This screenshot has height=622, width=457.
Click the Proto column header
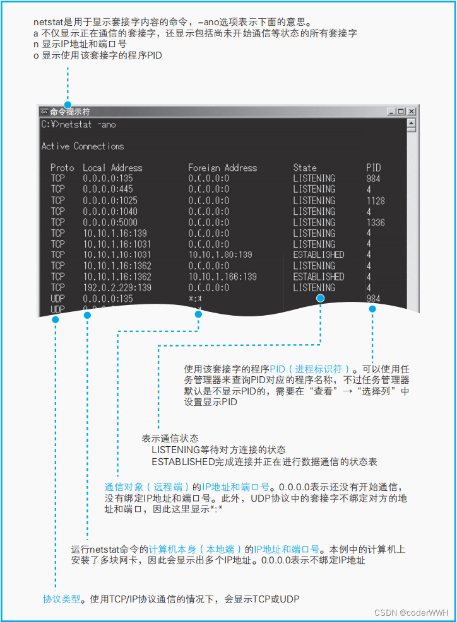(x=62, y=168)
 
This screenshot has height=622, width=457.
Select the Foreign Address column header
(x=222, y=168)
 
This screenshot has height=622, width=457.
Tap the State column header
(x=305, y=168)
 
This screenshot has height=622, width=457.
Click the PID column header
(x=374, y=168)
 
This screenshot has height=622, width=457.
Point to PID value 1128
(x=375, y=200)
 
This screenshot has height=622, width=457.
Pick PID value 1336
(x=375, y=222)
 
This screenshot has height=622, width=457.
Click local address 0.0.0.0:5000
(x=110, y=222)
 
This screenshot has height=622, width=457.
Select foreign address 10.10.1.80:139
(x=220, y=255)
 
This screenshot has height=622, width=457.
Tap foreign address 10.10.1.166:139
(x=222, y=277)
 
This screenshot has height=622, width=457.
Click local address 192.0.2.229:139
(x=117, y=287)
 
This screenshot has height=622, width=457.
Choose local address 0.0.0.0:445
(x=107, y=189)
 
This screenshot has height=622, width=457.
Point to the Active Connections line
(x=83, y=146)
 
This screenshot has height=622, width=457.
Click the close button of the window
(x=412, y=112)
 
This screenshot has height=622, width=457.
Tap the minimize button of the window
(x=391, y=112)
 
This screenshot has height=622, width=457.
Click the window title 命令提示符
(x=70, y=112)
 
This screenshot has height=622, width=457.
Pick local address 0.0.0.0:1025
(x=110, y=200)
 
